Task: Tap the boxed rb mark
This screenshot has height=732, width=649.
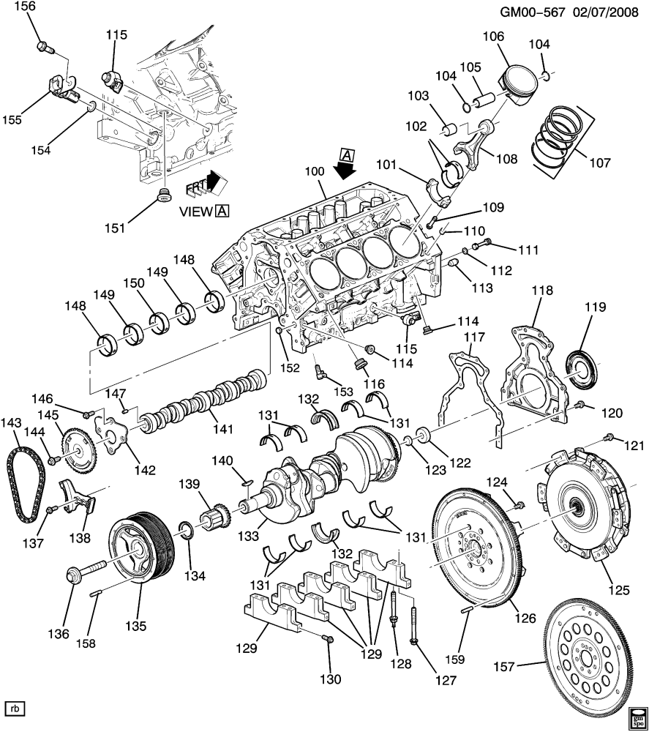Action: pos(15,709)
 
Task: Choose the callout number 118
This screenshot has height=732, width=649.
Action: pos(542,290)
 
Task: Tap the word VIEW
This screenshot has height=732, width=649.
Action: pos(195,211)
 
